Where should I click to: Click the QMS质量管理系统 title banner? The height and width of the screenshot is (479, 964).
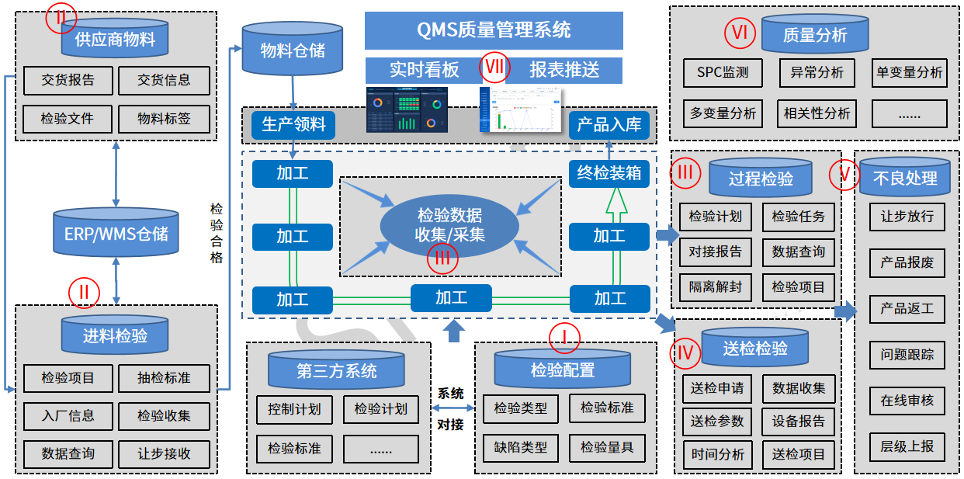[x=494, y=30]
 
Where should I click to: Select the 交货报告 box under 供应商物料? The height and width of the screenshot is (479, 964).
[x=68, y=80]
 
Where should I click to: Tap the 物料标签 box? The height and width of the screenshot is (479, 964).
[x=164, y=119]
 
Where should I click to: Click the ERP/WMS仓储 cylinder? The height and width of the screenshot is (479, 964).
[x=116, y=233]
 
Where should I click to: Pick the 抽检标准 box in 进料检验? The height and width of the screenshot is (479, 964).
[x=164, y=378]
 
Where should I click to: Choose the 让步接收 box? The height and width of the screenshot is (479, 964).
[x=164, y=454]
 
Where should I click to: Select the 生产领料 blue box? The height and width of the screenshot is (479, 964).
[x=293, y=125]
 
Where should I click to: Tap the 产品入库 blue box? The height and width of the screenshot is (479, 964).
[x=609, y=125]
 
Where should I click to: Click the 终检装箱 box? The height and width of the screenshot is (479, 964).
[x=609, y=172]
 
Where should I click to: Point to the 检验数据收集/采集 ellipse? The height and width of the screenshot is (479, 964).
[x=450, y=224]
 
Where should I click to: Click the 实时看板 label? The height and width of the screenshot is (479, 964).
[x=424, y=70]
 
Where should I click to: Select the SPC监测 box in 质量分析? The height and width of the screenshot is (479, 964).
[x=723, y=73]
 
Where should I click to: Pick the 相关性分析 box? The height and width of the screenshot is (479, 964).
[x=817, y=113]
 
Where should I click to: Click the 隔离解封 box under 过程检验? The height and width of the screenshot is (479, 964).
[x=715, y=286]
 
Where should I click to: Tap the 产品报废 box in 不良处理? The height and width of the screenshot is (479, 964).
[x=907, y=262]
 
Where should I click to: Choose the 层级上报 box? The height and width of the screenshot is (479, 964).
[x=907, y=446]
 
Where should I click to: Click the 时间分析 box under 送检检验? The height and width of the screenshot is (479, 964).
[x=717, y=454]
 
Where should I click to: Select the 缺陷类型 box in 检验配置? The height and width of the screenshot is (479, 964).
[x=520, y=447]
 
